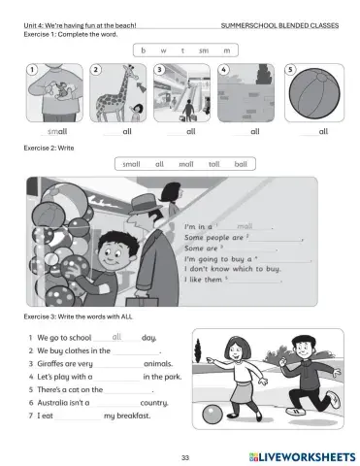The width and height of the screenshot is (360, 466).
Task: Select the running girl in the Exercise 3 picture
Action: coord(235,372)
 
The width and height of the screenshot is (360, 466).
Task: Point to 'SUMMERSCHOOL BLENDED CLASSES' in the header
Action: coord(279,24)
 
